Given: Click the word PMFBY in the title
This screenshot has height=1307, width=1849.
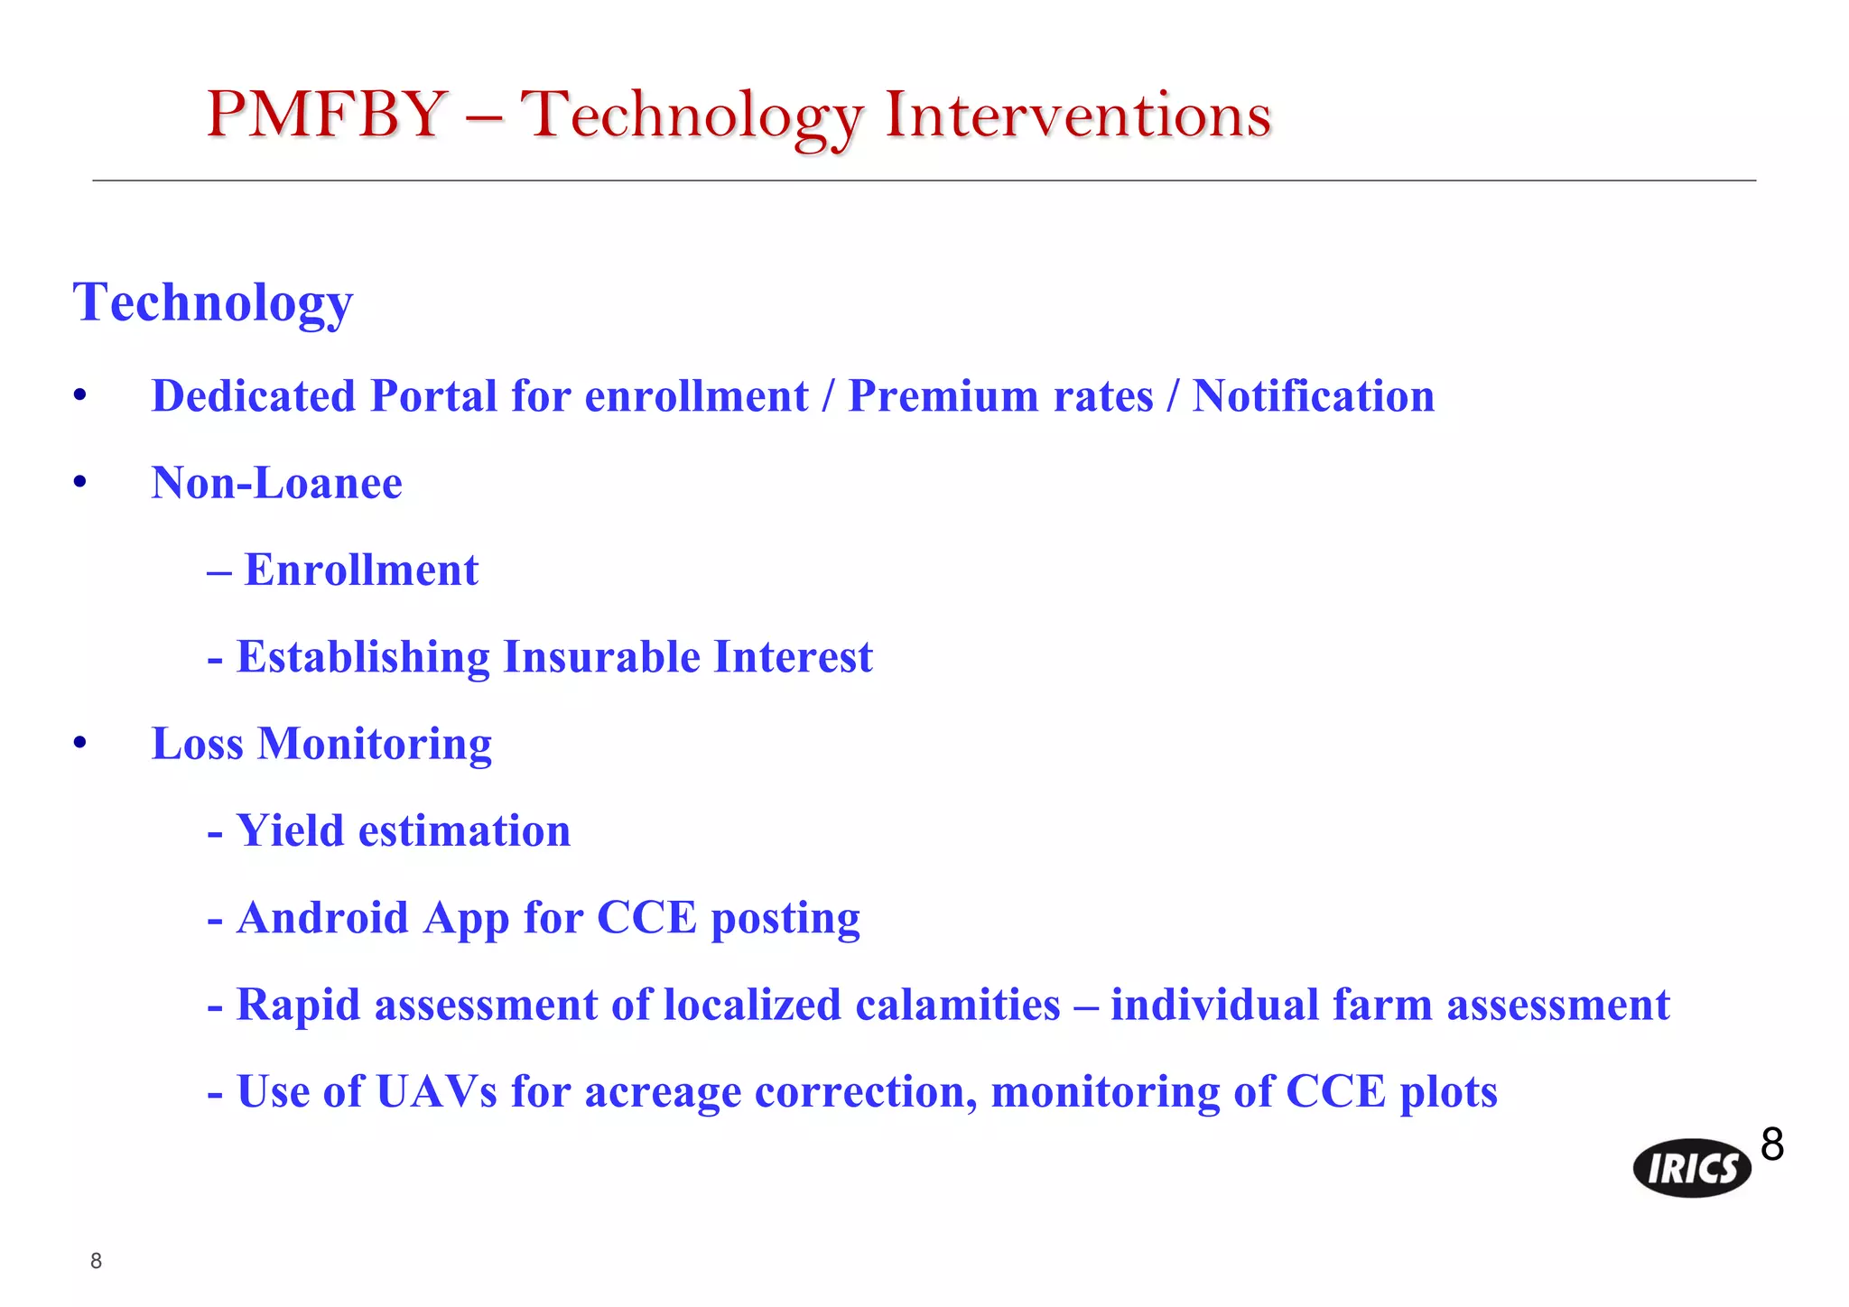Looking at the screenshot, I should point(327,116).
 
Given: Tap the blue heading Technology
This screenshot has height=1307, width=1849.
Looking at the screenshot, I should point(213,303).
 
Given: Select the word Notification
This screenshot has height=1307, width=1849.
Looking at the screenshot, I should point(1314,396).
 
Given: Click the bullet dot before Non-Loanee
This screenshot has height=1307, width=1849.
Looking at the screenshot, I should point(80,484).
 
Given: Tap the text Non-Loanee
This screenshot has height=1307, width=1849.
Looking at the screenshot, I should point(276,483).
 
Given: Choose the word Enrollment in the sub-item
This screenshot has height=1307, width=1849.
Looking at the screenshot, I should point(361,570).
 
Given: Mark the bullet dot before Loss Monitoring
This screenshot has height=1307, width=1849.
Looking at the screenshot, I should point(80,744).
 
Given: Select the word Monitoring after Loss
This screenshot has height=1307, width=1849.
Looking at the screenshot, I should point(375,745).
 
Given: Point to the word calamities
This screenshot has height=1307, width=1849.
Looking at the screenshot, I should point(958,1005).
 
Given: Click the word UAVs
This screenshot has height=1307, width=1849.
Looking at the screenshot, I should point(436,1091).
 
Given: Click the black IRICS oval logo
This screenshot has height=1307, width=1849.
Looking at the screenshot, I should point(1692,1169).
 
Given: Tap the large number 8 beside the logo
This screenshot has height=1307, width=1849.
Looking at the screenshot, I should point(1772,1145).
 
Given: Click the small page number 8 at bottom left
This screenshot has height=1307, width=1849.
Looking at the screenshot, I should point(97,1261).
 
